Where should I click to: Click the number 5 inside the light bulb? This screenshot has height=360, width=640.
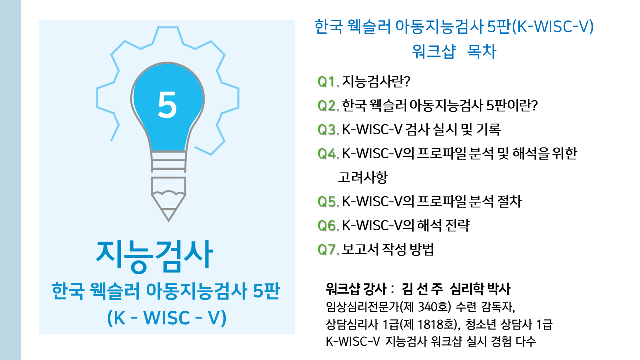tap(167, 105)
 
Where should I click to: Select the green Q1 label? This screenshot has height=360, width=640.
tap(328, 82)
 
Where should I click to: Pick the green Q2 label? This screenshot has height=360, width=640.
tap(328, 106)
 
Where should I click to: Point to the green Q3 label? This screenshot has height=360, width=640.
tap(328, 130)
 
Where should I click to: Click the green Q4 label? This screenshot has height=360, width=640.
tap(328, 154)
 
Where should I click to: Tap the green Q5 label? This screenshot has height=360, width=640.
tap(328, 202)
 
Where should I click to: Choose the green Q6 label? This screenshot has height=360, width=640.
tap(328, 226)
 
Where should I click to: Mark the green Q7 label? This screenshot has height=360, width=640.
tap(328, 250)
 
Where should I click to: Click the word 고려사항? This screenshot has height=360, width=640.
tap(363, 177)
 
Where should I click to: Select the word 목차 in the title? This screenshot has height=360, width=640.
tap(481, 51)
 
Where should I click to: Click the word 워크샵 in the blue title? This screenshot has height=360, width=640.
tap(433, 51)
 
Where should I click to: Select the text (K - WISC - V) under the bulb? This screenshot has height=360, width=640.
tap(167, 317)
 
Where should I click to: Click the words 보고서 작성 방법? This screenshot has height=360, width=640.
tap(388, 250)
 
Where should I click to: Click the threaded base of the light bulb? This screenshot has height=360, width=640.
tap(168, 161)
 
